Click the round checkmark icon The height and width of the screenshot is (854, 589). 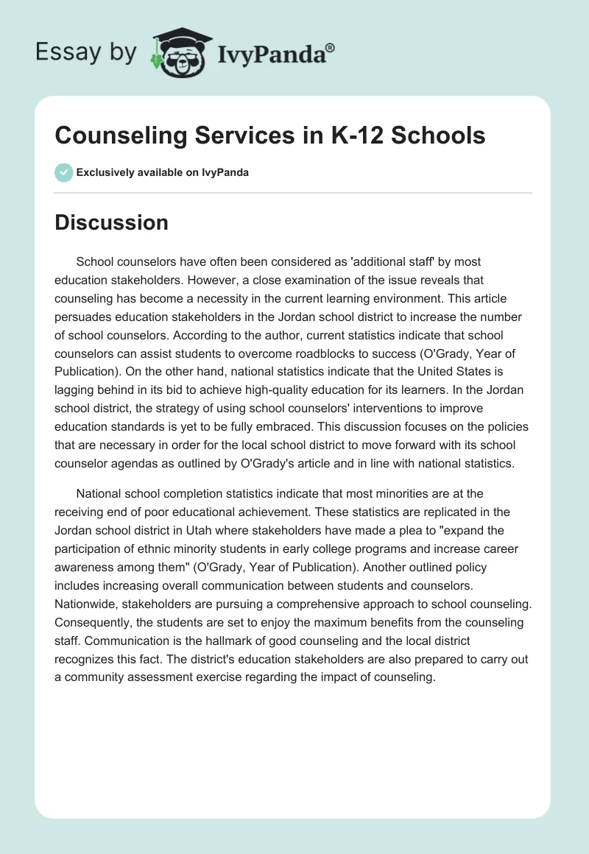63,172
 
